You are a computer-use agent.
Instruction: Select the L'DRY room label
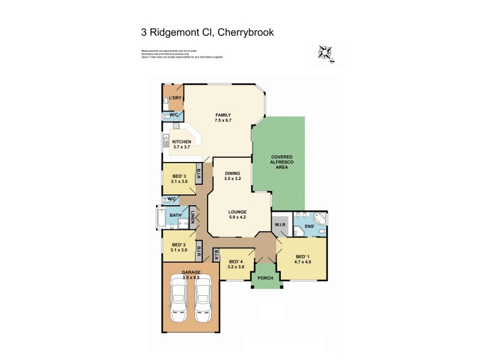click(175, 98)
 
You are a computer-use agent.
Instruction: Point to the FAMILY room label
click(223, 115)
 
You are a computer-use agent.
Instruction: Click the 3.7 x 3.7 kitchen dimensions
click(181, 147)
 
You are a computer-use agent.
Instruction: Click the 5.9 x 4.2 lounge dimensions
click(236, 218)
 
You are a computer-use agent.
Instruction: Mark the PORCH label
click(265, 278)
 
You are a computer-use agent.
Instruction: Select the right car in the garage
click(203, 299)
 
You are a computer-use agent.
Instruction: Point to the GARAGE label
click(191, 272)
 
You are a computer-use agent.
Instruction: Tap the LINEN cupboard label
click(193, 216)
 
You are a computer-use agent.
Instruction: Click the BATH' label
click(176, 215)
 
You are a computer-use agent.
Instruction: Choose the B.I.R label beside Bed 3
click(199, 174)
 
